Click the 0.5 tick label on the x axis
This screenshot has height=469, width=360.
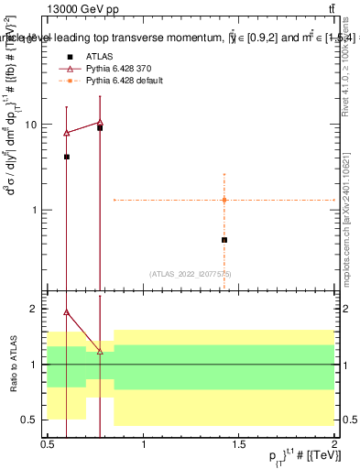[x=48, y=444]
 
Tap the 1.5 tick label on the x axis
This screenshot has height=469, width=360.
[x=239, y=444]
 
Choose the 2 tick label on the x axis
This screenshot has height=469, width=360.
[x=335, y=444]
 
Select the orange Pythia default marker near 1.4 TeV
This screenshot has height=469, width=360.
[x=224, y=200]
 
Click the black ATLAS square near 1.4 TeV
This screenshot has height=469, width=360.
[x=224, y=240]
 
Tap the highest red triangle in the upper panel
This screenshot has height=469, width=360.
[x=100, y=122]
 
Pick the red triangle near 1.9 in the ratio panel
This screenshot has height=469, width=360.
[x=67, y=311]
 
